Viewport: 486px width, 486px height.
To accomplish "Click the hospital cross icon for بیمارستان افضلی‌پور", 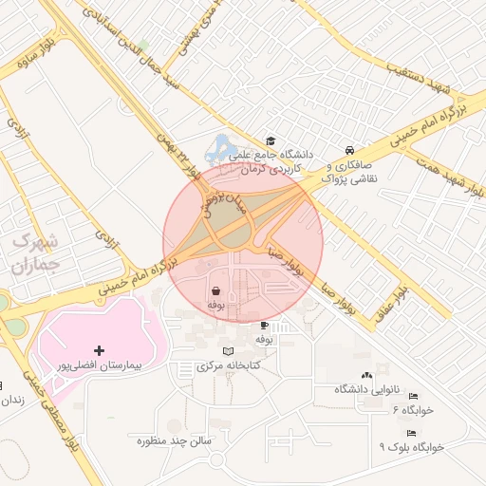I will coord(99,350).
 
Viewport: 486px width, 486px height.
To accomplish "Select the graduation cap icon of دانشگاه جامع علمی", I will coord(271,141).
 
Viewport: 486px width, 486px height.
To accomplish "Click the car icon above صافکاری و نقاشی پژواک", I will coord(350,150).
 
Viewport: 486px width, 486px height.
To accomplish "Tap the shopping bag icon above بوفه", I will coord(216,290).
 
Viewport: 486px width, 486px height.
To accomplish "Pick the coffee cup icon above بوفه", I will coord(264,325).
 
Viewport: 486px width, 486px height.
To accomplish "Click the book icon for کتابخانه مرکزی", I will coord(226,352).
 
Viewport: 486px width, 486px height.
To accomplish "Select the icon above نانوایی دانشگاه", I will coord(367,378).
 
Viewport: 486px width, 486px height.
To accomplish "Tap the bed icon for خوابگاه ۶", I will coord(413,396).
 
